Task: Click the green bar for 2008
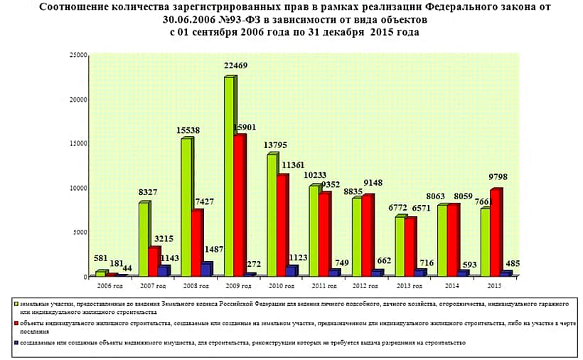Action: coord(186,206)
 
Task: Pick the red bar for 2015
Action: coord(496,232)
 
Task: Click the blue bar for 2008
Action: coord(206,269)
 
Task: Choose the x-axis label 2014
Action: coord(449,285)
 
